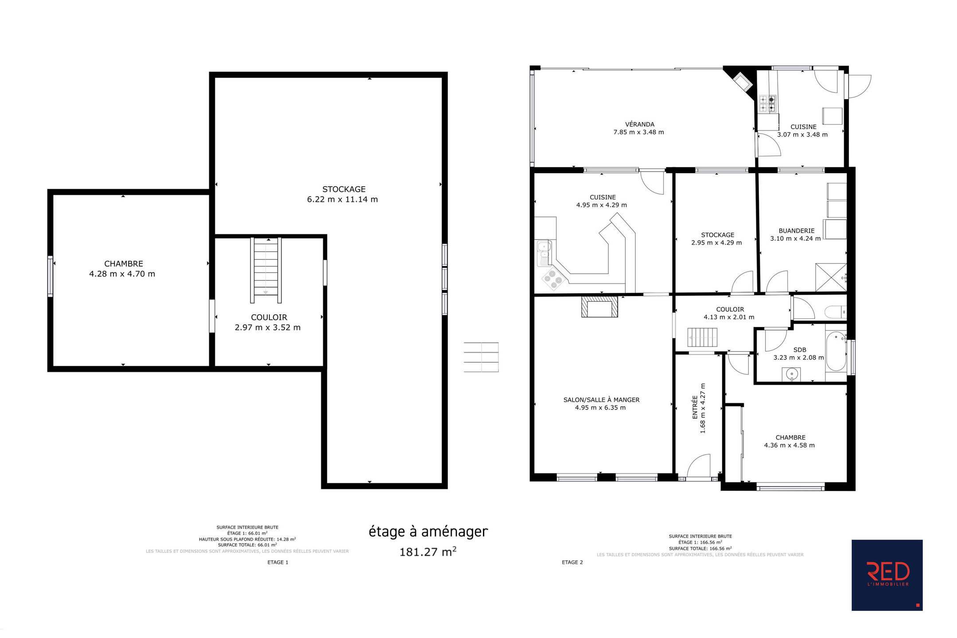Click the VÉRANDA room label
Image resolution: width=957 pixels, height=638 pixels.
click(x=640, y=124)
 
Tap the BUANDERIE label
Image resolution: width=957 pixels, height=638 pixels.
click(x=797, y=231)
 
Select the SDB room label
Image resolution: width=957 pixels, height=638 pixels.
click(x=800, y=350)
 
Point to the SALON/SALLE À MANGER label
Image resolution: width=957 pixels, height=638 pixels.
click(x=601, y=400)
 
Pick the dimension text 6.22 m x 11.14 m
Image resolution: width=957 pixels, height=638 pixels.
click(x=342, y=199)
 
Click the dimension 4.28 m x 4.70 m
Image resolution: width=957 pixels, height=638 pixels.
click(x=122, y=274)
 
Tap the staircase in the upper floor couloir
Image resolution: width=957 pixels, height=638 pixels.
click(x=266, y=270)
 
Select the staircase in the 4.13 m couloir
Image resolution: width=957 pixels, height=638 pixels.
click(x=702, y=338)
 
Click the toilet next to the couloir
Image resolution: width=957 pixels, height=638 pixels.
click(x=836, y=312)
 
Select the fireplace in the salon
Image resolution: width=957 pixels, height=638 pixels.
click(x=599, y=307)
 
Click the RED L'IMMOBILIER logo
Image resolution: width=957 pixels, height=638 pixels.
click(x=887, y=575)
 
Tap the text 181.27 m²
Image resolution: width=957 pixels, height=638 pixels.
click(x=428, y=552)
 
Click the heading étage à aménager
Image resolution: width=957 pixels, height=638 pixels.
click(x=428, y=531)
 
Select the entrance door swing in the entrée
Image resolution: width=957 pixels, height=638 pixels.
click(x=699, y=465)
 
